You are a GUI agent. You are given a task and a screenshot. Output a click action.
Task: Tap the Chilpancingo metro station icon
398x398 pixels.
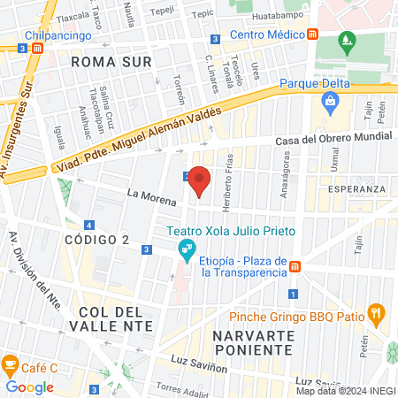[35, 50]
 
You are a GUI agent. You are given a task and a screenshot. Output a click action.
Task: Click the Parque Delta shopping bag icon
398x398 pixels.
[330, 102]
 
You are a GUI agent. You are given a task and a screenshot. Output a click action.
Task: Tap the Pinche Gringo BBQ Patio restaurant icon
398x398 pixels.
[377, 312]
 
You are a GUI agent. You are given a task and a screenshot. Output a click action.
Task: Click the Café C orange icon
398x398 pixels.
[11, 364]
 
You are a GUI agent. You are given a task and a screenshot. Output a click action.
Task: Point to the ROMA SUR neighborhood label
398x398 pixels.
[111, 62]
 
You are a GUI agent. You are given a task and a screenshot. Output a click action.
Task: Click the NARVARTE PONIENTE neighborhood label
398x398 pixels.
[253, 342]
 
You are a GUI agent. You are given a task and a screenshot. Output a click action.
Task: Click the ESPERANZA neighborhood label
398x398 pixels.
[356, 189]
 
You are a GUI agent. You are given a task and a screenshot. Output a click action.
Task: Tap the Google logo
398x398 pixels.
[30, 387]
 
